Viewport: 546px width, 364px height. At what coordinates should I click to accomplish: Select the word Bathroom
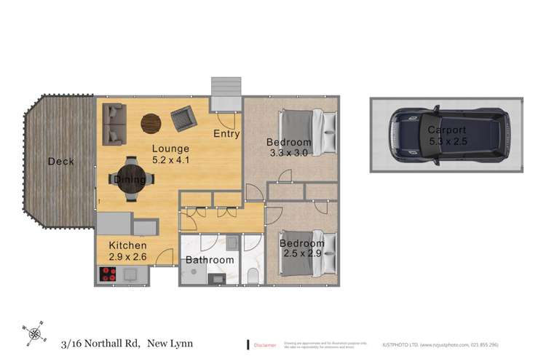[x=210, y=260]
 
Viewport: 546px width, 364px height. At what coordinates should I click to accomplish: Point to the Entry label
[x=226, y=134]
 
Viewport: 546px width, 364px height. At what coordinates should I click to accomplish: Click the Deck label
[x=60, y=162]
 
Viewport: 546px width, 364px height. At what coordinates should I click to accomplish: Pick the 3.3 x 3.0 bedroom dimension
[x=288, y=154]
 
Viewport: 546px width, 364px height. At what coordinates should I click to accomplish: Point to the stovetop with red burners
[x=108, y=274]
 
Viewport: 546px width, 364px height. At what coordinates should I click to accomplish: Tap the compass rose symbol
[x=33, y=334]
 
